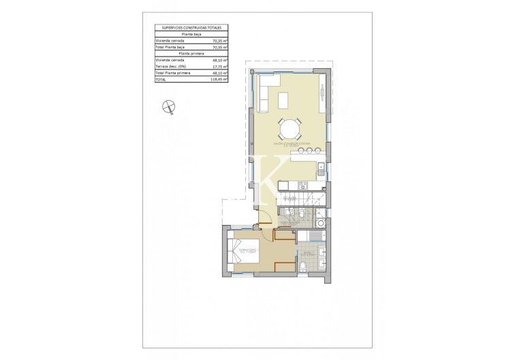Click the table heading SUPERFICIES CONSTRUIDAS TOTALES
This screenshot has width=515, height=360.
(x=191, y=27)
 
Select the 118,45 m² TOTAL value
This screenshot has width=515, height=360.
(x=219, y=79)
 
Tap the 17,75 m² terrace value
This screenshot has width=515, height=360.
(x=219, y=66)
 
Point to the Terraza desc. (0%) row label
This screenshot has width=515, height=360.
(x=170, y=66)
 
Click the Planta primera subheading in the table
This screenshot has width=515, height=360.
(x=191, y=53)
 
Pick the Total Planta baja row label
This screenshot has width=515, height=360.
(x=170, y=47)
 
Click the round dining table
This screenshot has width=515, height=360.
(x=289, y=128)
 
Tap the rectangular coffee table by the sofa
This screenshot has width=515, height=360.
(x=283, y=100)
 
